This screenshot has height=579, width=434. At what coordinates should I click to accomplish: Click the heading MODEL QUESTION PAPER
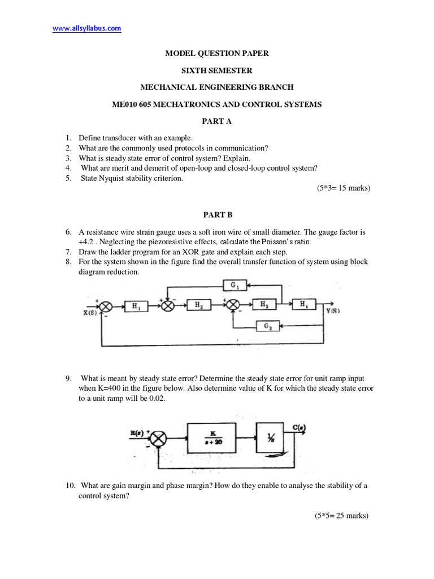point(216,53)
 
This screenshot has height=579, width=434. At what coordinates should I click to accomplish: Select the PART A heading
point(217,121)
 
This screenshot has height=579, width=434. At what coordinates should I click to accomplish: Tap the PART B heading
point(217,215)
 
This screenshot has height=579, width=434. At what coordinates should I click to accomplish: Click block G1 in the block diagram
point(233,286)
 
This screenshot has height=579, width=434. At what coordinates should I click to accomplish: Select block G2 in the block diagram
point(264,326)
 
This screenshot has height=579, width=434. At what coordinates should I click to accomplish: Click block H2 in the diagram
point(199,305)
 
